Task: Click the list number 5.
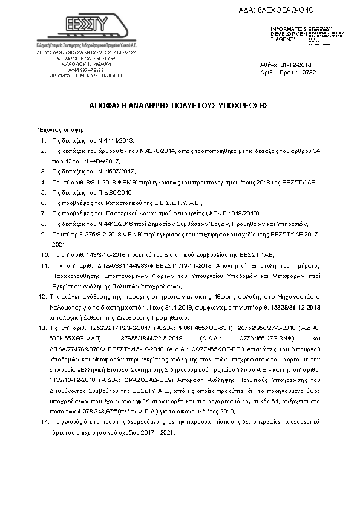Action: [x=44, y=192]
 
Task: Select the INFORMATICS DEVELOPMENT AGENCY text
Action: [x=284, y=34]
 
